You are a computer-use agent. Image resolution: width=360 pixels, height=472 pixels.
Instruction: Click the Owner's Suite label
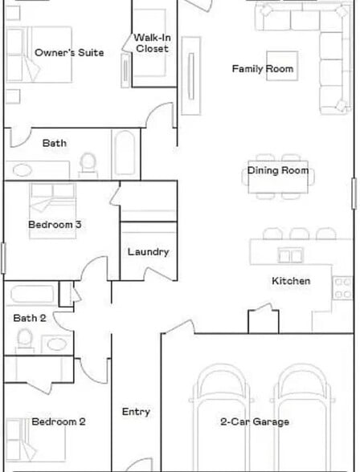69,53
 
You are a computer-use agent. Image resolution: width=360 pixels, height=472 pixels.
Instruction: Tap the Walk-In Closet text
151,43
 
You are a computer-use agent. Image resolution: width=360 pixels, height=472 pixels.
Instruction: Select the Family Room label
263,69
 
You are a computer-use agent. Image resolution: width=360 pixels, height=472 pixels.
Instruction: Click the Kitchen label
290,281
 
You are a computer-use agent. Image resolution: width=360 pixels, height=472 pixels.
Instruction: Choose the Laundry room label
148,252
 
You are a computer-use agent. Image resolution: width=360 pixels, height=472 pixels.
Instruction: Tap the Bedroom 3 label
55,225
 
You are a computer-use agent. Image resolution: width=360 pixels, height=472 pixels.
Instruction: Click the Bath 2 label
30,318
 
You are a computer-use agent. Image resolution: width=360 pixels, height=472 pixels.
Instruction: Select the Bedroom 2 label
59,421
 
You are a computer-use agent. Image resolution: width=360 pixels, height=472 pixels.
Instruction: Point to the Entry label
136,412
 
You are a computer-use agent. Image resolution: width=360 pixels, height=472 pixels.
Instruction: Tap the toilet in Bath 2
26,340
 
